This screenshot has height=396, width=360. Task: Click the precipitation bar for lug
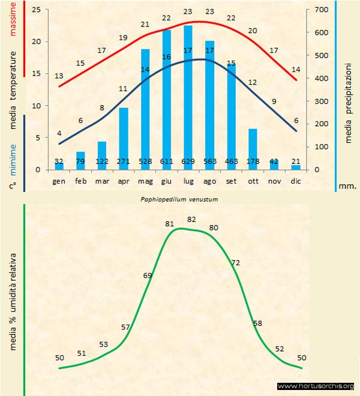(188, 96)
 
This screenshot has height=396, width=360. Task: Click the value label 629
(188, 162)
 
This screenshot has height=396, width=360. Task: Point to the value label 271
(124, 162)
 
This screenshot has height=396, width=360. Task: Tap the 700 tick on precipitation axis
(322, 10)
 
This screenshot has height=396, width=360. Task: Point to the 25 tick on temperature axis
(37, 10)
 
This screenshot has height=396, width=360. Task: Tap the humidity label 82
(191, 220)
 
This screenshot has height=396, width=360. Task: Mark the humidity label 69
(148, 275)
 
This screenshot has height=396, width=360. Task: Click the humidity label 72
(236, 263)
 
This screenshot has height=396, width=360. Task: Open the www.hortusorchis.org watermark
(316, 386)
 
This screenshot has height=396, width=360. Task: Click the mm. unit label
(347, 186)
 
